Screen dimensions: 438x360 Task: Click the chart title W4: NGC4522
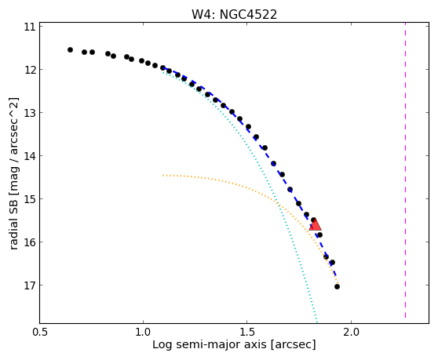[234, 14]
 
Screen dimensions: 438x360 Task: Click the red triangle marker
[315, 225]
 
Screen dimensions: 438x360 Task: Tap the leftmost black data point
[70, 49]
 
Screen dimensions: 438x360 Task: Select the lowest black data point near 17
[337, 286]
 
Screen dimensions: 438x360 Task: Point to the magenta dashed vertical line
[405, 170]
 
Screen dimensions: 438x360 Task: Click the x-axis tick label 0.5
[40, 332]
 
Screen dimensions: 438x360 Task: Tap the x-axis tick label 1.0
[143, 332]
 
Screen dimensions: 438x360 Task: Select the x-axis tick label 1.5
[247, 332]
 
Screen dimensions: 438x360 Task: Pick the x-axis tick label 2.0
[351, 332]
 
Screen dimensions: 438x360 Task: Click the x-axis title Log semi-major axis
[209, 345]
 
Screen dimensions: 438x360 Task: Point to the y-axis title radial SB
[13, 223]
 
